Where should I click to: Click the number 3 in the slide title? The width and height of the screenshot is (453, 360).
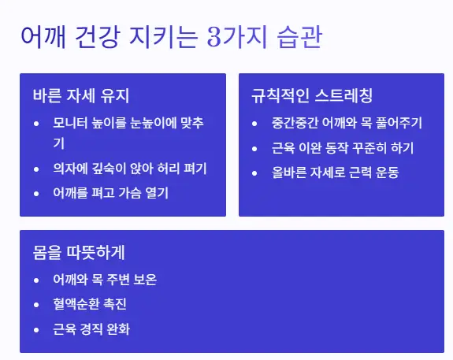(x=215, y=37)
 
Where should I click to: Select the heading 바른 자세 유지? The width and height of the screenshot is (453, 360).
(x=81, y=96)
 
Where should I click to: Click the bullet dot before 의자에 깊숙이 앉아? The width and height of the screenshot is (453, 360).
(x=37, y=169)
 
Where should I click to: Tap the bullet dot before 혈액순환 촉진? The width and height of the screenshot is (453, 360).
(x=37, y=304)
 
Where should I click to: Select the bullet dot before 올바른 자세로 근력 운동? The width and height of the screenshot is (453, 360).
(x=254, y=172)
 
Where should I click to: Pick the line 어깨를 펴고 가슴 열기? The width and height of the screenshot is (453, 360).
(x=110, y=193)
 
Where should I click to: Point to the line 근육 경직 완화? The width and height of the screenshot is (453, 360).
(x=91, y=328)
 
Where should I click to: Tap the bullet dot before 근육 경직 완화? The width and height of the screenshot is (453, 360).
(x=37, y=328)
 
